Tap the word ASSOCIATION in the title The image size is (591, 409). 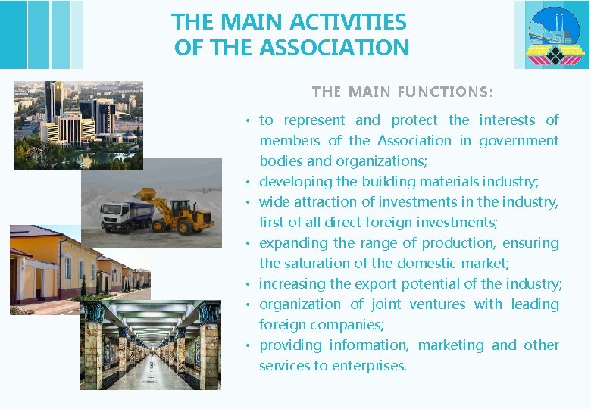click(x=334, y=48)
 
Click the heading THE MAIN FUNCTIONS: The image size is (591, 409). click(x=402, y=92)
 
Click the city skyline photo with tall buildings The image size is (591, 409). click(x=78, y=125)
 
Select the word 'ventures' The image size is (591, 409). click(x=437, y=304)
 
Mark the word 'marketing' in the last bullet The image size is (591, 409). click(x=450, y=345)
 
